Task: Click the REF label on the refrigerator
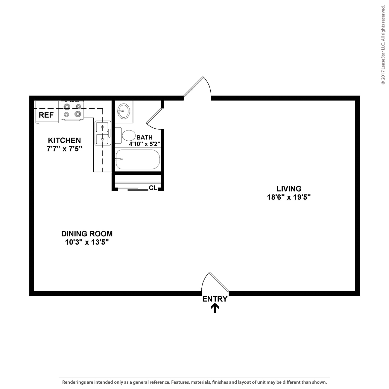[46, 115]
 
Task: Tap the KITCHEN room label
[64, 140]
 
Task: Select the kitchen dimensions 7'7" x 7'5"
[64, 149]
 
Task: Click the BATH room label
[145, 138]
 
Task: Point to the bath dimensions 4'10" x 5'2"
[145, 144]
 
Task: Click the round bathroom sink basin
[123, 111]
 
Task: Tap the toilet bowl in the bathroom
[129, 136]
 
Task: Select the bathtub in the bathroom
[138, 159]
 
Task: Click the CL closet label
[153, 188]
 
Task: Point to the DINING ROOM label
[87, 234]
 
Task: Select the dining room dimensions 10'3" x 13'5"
[87, 242]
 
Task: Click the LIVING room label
[289, 189]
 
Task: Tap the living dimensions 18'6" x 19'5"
[289, 197]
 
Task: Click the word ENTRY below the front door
[215, 299]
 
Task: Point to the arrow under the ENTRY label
[215, 308]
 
